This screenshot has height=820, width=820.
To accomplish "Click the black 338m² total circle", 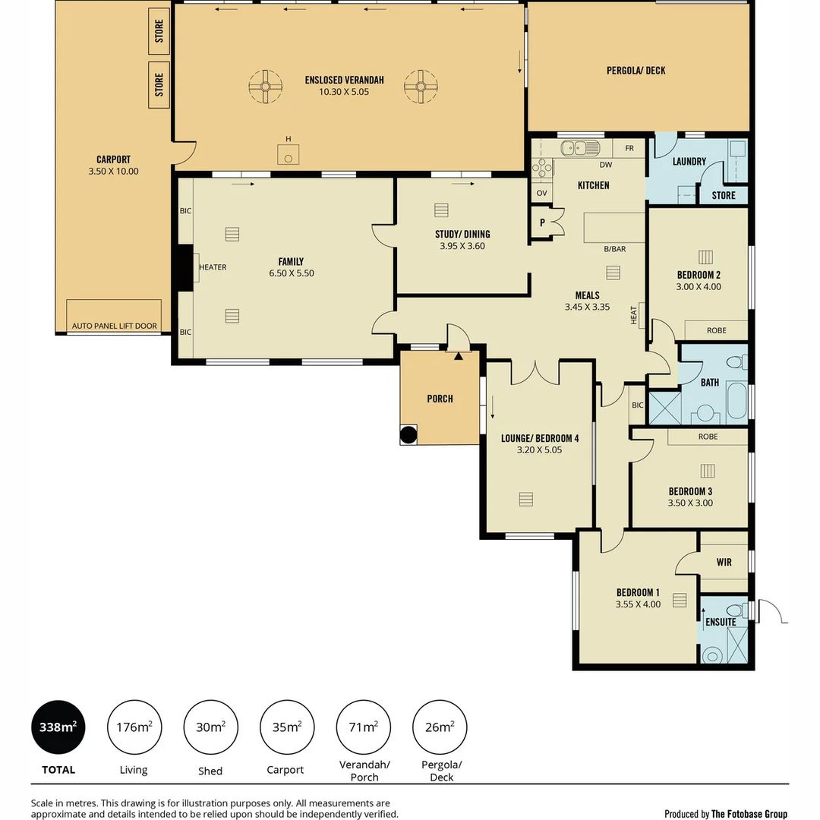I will (58, 727).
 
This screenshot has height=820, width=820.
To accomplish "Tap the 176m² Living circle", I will (134, 727).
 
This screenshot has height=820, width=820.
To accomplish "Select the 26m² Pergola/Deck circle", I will (439, 727).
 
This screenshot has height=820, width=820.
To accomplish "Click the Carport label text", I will (113, 159).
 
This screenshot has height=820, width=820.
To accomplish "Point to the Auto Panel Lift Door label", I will (114, 326).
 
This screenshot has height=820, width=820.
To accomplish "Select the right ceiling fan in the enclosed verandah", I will (419, 87).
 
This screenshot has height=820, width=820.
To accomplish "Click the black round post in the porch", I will (408, 435).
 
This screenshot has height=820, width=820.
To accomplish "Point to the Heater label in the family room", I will (213, 267).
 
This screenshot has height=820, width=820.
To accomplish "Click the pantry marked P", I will (542, 223).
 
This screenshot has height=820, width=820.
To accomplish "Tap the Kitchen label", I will (593, 185).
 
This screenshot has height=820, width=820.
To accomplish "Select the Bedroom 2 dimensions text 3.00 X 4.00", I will (699, 287).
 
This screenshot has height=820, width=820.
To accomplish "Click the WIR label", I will (724, 563).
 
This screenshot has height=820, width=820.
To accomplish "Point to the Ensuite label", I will (720, 622).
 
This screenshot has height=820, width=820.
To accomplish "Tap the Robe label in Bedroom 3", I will (708, 437).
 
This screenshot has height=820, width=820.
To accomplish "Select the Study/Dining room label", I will (462, 234).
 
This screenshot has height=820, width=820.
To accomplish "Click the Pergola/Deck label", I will (635, 71).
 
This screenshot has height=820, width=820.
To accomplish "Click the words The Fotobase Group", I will (749, 814).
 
